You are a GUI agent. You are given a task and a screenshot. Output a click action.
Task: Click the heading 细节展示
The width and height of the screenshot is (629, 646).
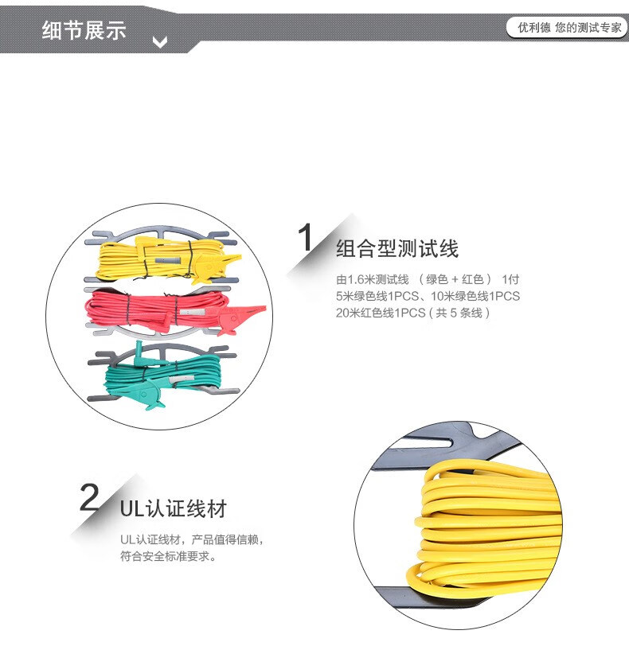coord(84,30)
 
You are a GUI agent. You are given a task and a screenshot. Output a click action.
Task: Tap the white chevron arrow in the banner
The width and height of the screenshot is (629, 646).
coord(160,41)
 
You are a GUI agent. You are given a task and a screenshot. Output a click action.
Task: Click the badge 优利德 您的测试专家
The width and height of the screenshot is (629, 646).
coord(567,28)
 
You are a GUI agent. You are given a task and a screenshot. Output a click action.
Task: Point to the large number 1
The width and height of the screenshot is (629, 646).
coord(306,237)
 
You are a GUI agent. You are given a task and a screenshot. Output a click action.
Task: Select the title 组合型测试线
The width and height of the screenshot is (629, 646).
coord(397,248)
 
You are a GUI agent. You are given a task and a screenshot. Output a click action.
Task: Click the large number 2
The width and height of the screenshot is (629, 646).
coord(89,497)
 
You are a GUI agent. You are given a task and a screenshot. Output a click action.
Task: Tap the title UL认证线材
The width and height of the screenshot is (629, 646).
coord(173,508)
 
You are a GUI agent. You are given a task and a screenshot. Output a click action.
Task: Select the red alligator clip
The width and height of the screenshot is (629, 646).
coord(241,317)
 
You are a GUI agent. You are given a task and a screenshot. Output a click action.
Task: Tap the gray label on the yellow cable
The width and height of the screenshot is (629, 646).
coord(167,261)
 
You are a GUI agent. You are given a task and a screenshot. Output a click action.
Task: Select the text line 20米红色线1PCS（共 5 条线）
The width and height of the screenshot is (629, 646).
coord(412,313)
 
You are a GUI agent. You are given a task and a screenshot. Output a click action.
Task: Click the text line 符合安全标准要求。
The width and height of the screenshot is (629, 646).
coord(168,556)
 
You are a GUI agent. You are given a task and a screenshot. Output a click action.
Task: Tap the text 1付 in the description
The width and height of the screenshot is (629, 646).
coord(510,279)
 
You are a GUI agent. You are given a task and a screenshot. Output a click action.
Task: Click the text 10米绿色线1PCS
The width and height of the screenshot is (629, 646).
coord(475,296)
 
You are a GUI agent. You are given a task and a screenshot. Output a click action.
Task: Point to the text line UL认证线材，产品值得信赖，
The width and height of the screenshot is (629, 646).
coord(192,539)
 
